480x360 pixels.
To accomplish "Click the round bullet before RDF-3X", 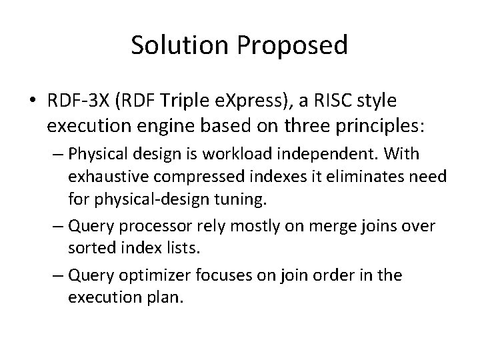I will [x=33, y=101].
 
